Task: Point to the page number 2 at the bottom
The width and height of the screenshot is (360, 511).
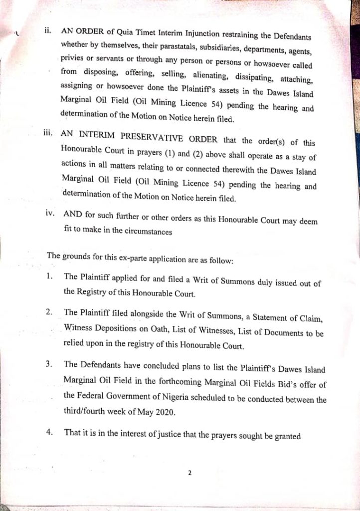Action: click(x=190, y=474)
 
